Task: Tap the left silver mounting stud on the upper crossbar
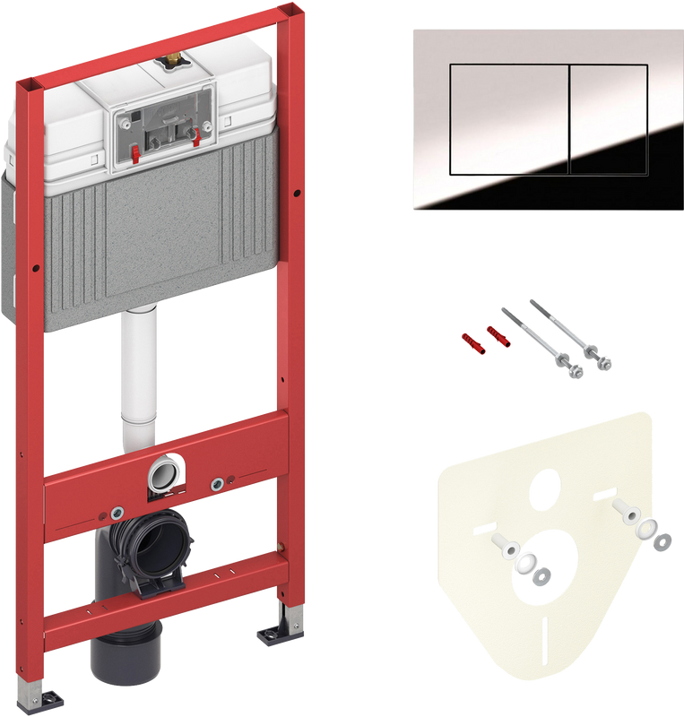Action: (117, 514)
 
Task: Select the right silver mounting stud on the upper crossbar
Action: (216, 485)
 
